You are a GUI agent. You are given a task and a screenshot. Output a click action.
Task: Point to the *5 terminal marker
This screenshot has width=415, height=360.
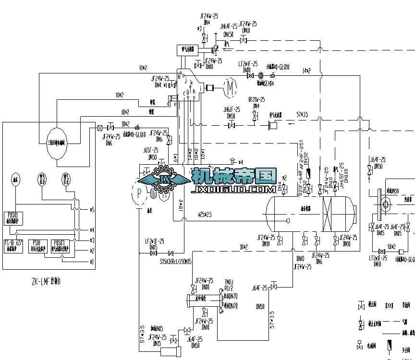[92, 210]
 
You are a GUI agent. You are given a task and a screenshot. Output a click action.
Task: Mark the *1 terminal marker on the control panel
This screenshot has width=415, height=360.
[92, 261]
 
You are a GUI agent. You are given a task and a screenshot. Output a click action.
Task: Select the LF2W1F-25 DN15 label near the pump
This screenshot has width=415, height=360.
[154, 243]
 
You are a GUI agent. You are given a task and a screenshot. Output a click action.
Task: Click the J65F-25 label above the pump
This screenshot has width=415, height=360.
[150, 151]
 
